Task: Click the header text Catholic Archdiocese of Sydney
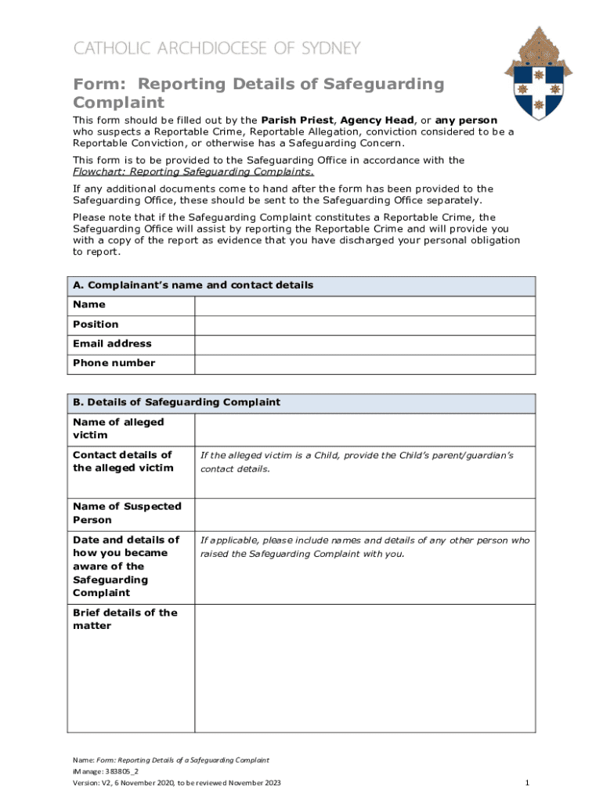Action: (x=217, y=48)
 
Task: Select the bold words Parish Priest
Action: (x=297, y=120)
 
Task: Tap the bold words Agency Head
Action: (x=377, y=120)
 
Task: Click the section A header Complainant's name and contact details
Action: (x=193, y=286)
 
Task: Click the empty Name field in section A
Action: (x=364, y=305)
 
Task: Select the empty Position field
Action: (x=364, y=325)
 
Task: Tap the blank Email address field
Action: (x=364, y=344)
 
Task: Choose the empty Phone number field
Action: (x=364, y=364)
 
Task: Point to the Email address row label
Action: (x=112, y=344)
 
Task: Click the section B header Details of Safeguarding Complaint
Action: (x=176, y=403)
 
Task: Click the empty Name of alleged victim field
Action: (x=364, y=429)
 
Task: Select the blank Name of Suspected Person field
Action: (x=364, y=514)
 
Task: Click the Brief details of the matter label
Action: (x=125, y=620)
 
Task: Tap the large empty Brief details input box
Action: (x=364, y=669)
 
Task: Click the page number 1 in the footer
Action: (x=528, y=783)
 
